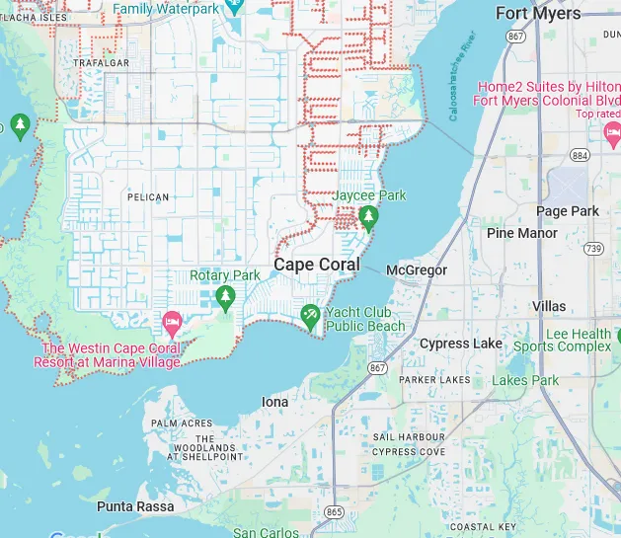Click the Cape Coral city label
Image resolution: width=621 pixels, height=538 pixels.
click(316, 265)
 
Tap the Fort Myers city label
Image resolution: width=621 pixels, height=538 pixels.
click(538, 13)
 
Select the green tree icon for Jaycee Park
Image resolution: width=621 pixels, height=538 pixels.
click(368, 217)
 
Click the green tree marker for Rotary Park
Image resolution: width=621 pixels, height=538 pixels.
click(226, 296)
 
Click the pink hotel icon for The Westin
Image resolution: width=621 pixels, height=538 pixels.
click(172, 323)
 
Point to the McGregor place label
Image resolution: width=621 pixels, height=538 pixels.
click(416, 269)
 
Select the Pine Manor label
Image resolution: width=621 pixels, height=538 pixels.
click(522, 233)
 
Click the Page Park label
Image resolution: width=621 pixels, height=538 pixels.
click(567, 211)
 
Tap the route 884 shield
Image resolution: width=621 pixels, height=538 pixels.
click(580, 156)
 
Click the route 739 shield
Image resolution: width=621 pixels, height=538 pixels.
click(592, 249)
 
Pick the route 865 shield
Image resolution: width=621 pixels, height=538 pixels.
click(335, 511)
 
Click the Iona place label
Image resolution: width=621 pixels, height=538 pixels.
click(274, 402)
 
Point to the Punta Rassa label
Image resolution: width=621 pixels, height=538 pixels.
click(135, 506)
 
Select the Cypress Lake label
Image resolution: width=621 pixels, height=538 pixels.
click(461, 344)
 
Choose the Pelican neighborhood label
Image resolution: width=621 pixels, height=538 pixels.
click(148, 197)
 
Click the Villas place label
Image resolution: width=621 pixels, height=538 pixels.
click(549, 307)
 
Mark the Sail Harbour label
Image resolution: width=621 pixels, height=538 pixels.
click(409, 436)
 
